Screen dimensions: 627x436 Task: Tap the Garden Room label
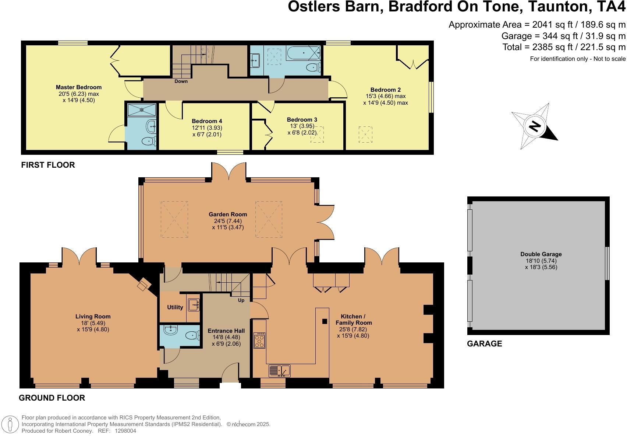click(228, 214)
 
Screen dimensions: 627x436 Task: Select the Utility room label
click(175, 307)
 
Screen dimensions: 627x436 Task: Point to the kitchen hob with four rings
click(259, 340)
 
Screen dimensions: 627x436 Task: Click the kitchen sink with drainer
click(279, 371)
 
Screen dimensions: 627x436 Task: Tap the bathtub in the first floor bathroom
click(304, 53)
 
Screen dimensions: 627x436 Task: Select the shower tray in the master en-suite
click(142, 110)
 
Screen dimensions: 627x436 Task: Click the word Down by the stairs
click(181, 81)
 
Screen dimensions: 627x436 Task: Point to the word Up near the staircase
click(241, 300)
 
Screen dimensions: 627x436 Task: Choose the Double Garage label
click(541, 254)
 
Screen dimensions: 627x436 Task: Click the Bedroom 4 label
click(207, 121)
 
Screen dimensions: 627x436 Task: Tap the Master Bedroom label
click(79, 87)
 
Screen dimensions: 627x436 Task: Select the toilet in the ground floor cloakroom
click(192, 335)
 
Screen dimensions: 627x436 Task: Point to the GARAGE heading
click(485, 344)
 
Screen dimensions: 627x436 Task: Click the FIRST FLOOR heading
click(48, 165)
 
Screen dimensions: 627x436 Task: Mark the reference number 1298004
click(125, 431)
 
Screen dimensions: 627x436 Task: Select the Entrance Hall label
click(226, 331)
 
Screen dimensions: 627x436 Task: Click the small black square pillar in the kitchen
click(325, 321)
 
